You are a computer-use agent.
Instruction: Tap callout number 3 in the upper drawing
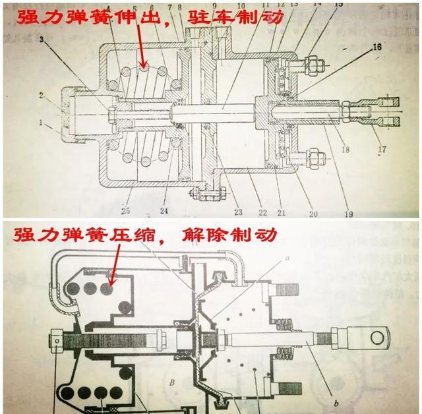coord(44,41)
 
